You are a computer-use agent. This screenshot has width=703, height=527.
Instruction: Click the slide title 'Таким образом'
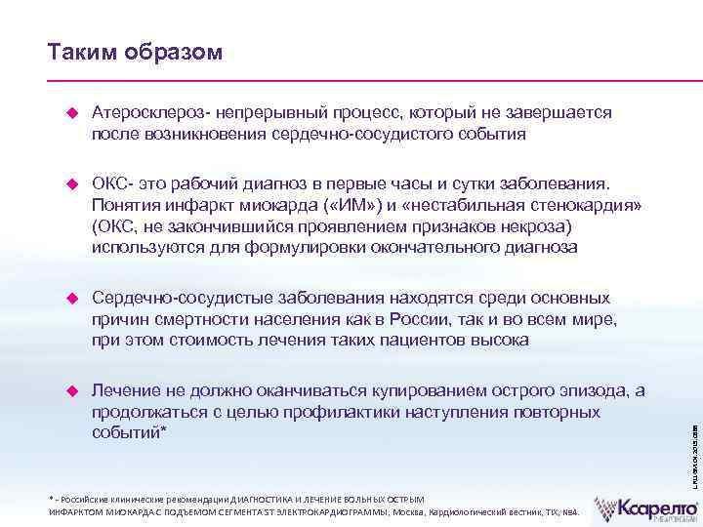(135, 52)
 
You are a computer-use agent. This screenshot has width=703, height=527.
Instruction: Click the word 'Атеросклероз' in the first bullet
(151, 114)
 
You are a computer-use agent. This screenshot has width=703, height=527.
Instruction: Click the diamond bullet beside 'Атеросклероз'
(69, 114)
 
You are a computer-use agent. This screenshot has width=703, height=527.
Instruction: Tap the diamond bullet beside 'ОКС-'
(69, 182)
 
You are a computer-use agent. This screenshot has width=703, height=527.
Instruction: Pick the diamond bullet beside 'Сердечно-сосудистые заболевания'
(69, 298)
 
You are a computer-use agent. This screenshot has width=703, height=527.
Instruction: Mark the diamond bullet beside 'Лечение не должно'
(69, 391)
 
